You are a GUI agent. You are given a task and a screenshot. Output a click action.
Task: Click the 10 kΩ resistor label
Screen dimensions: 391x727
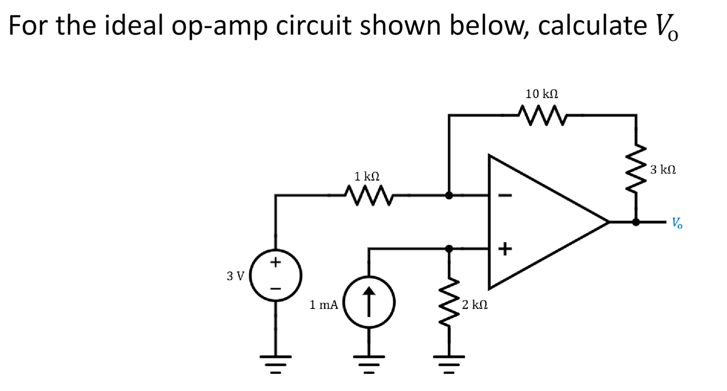541,94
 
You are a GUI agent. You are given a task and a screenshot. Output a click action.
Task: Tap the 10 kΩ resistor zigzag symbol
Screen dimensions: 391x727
542,115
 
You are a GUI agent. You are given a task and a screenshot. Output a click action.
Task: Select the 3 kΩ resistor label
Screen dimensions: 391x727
663,170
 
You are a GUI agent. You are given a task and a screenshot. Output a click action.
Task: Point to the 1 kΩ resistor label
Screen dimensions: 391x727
366,177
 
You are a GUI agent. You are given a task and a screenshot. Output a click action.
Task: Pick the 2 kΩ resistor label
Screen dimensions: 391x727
474,305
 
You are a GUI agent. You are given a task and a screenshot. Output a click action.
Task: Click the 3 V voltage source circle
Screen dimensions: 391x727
276,276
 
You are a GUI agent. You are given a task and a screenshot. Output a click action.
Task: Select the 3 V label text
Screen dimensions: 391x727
235,276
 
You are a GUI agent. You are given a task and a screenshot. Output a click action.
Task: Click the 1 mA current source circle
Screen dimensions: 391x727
369,302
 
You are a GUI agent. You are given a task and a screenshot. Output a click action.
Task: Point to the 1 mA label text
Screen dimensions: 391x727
324,305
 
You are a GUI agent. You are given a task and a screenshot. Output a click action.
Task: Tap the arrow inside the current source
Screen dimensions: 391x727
369,302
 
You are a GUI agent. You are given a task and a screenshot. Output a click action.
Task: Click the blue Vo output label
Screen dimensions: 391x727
677,223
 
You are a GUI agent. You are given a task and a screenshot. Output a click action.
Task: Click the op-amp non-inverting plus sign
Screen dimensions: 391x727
505,249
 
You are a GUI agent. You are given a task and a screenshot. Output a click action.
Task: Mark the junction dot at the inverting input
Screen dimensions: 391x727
449,195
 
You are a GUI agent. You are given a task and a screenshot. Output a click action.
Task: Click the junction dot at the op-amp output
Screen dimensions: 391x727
636,222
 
